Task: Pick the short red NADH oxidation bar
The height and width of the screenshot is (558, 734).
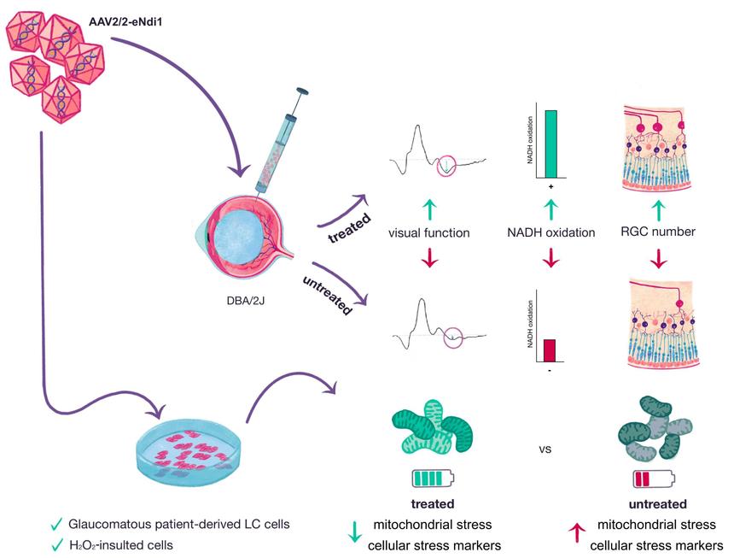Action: pos(550,350)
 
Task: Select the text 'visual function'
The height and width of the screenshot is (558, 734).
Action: pos(428,232)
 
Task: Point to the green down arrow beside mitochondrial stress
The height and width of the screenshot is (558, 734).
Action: pos(357,533)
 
